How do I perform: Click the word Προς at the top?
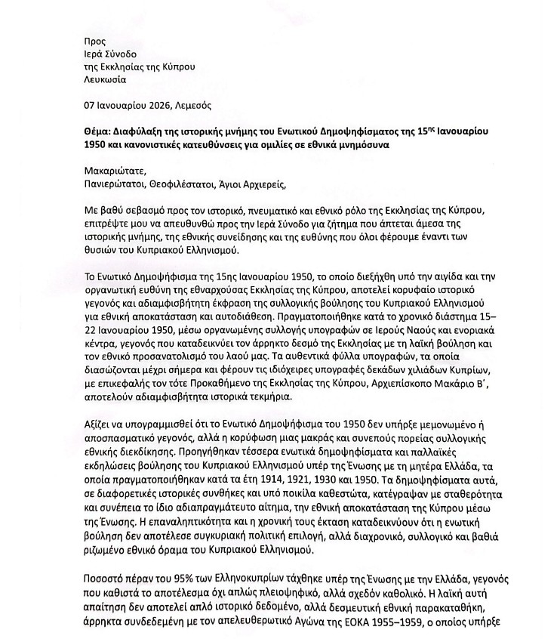pyautogui.click(x=94, y=41)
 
